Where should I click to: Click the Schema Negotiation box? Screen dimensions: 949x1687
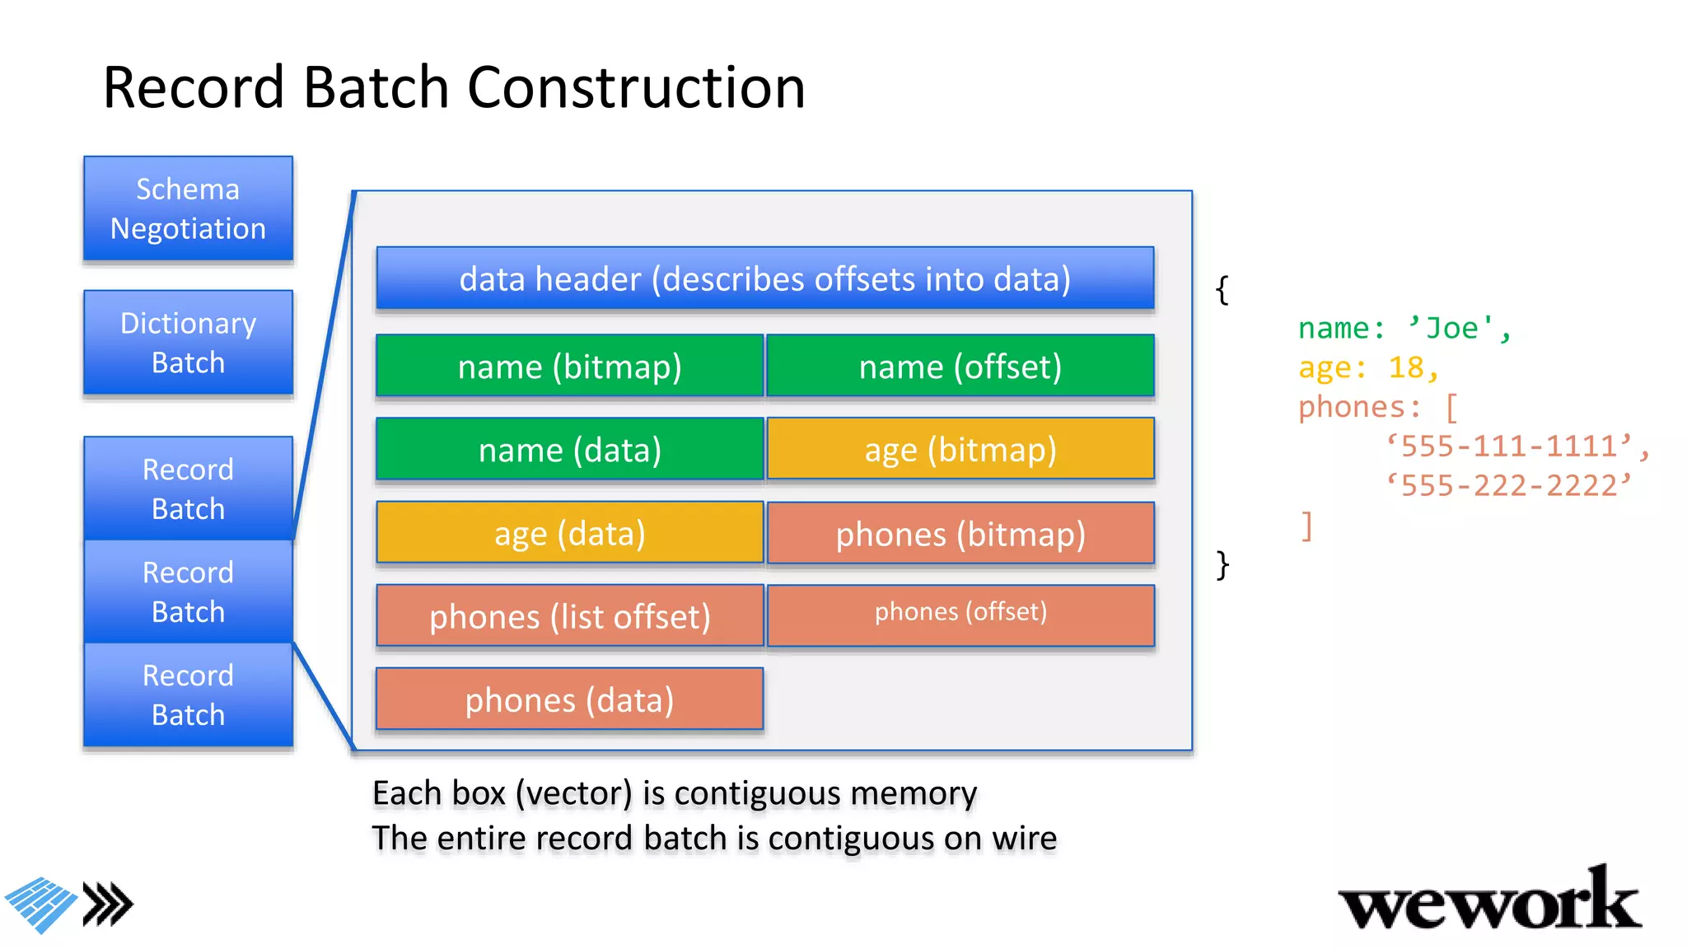pos(188,208)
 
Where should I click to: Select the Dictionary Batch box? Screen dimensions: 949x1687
pos(188,343)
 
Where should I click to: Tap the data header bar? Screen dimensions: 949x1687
pos(764,278)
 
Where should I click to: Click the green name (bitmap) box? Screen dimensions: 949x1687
pos(569,366)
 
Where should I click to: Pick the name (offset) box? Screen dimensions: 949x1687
pos(960,366)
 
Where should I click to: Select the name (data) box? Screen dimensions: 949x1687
pos(569,449)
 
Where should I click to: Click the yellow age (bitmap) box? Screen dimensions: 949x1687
pos(960,449)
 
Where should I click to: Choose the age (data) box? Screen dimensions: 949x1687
pos(569,533)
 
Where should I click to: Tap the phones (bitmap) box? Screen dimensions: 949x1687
pos(960,534)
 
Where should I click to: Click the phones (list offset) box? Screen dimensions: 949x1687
pos(569,616)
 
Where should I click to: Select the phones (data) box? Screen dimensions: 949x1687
pos(569,699)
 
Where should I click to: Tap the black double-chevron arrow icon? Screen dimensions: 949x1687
pos(108,905)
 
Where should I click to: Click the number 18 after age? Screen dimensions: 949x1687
pos(1405,367)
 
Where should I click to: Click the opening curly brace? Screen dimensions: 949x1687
pos(1222,290)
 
